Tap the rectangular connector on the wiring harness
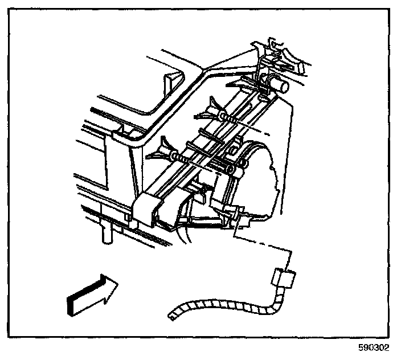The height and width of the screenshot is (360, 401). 283,279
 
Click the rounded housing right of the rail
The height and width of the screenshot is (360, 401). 268,171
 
